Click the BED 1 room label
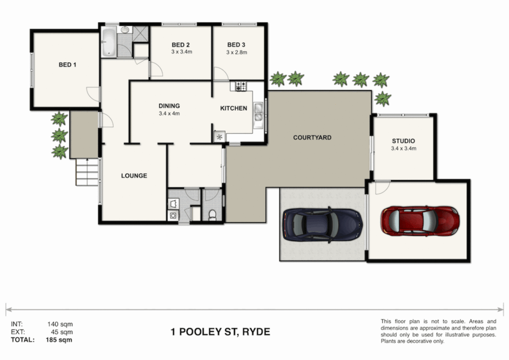click(x=67, y=65)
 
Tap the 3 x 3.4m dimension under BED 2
click(x=182, y=52)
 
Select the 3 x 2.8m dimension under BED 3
click(x=237, y=52)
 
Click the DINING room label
click(x=169, y=106)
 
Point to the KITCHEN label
click(x=233, y=108)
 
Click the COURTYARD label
click(x=312, y=138)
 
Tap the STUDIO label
click(x=403, y=141)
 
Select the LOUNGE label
click(x=134, y=176)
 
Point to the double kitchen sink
click(x=258, y=112)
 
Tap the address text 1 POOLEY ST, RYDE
click(x=220, y=332)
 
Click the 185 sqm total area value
click(x=59, y=340)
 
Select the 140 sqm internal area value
click(x=60, y=324)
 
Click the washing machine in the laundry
click(x=173, y=216)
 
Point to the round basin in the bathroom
click(x=125, y=30)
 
